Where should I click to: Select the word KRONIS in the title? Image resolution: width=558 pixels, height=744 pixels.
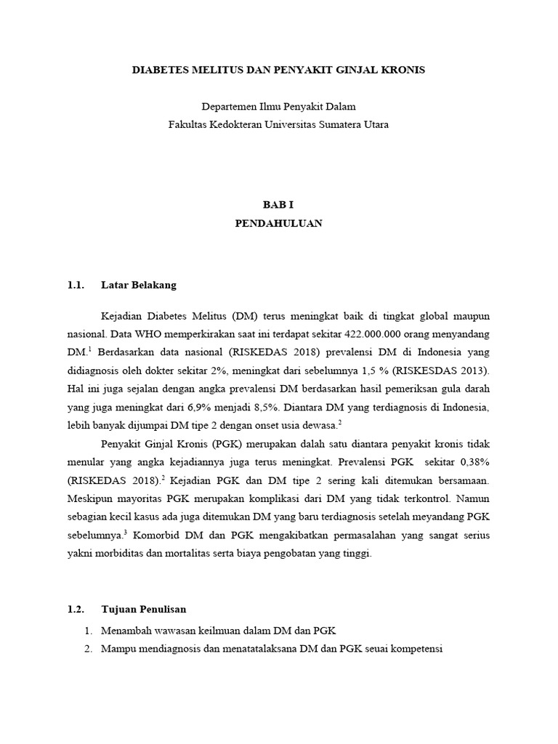(403, 70)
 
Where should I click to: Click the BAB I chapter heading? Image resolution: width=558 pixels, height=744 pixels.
(278, 206)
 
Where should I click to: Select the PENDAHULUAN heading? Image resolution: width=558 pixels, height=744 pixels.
(278, 224)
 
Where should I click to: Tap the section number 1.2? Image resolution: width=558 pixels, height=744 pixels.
(76, 609)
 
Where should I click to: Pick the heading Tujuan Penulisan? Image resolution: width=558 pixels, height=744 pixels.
(145, 609)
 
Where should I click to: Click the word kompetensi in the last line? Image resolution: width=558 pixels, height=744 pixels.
(415, 647)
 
